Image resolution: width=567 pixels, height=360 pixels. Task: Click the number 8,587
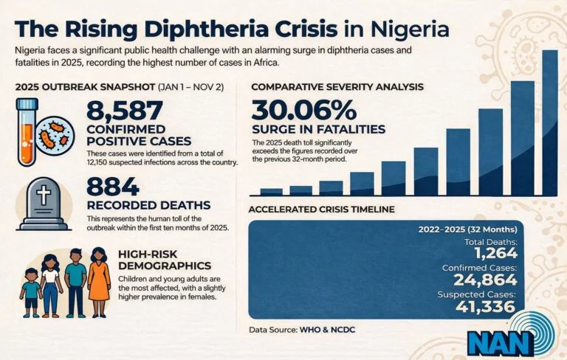point(125,111)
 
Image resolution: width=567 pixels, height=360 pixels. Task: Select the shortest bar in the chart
point(271,191)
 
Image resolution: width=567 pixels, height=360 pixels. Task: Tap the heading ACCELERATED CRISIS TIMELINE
point(321,210)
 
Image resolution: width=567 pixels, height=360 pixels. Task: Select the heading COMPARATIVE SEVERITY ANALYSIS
point(337,86)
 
